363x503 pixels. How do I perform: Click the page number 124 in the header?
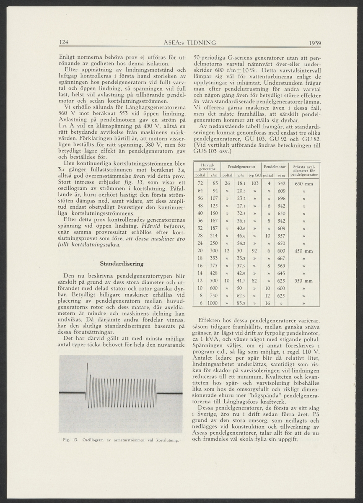coord(64,42)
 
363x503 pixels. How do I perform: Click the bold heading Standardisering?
coord(122,264)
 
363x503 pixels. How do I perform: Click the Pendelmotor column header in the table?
coord(274,167)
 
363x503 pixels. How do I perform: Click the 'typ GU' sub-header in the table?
coord(254,175)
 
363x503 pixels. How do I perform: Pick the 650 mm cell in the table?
coord(304,184)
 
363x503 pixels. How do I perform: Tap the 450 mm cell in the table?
coord(304,251)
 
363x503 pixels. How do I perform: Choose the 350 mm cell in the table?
coord(304,281)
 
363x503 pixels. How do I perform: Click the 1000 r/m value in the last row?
coord(214,303)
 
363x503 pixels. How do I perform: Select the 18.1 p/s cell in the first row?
coord(241,184)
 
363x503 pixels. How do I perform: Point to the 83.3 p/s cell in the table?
coord(241,303)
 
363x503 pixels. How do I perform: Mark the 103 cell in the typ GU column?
coord(254,184)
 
